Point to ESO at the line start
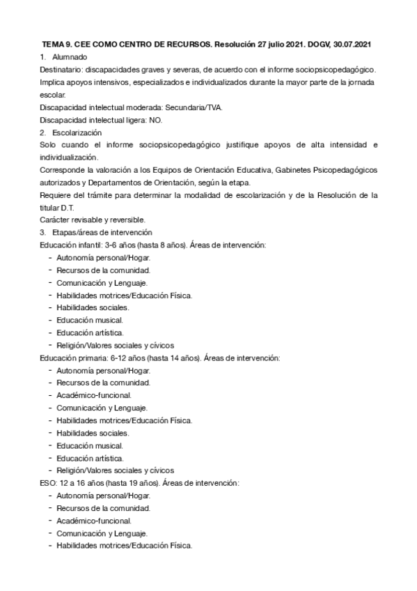point(49,483)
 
